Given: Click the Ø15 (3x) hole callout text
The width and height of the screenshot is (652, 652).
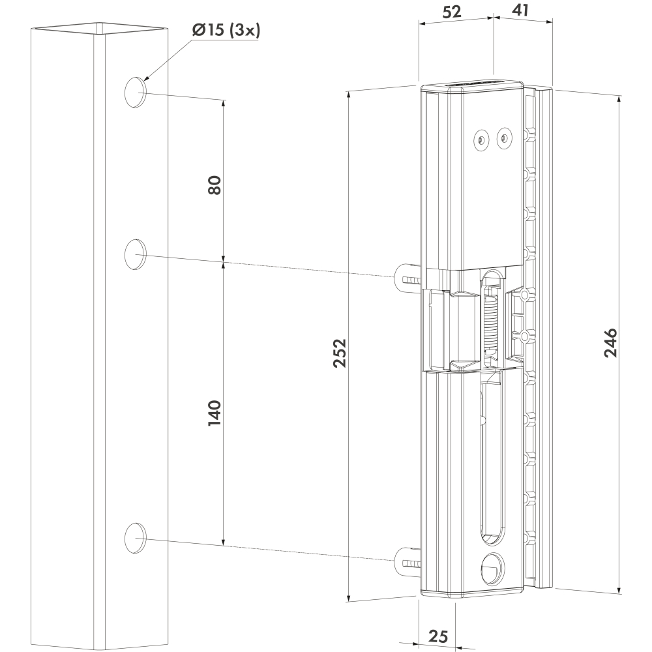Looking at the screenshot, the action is (x=226, y=31).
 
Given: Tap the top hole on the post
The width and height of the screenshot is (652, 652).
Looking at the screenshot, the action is (x=135, y=93).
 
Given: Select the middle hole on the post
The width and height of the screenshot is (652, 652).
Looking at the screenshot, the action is (x=135, y=254).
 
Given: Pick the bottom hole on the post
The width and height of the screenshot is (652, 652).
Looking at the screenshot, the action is (x=135, y=538).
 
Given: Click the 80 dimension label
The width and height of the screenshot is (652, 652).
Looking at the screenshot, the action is (x=215, y=185).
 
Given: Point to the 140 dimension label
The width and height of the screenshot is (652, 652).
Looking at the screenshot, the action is (x=215, y=413).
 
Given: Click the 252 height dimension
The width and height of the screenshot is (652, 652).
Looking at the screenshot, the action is (x=340, y=353).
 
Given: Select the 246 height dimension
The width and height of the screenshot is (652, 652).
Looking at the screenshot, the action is (x=610, y=343).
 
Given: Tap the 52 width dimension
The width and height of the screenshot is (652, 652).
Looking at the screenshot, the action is (x=452, y=12).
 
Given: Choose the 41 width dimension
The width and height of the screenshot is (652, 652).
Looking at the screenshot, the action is (x=520, y=10).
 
